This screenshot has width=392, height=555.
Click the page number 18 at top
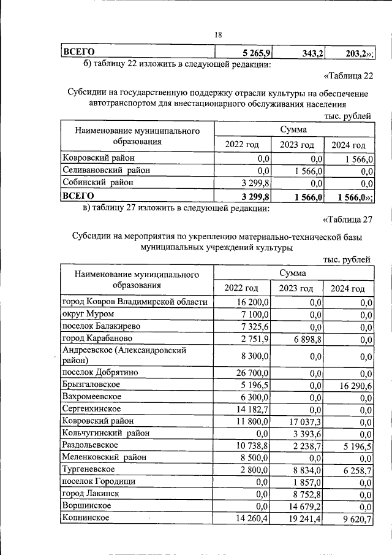click(x=218, y=35)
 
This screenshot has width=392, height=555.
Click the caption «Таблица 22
click(x=347, y=76)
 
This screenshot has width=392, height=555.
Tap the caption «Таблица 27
click(x=347, y=220)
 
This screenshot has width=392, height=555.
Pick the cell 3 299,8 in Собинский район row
click(x=256, y=183)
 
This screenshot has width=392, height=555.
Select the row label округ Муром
click(x=85, y=314)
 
